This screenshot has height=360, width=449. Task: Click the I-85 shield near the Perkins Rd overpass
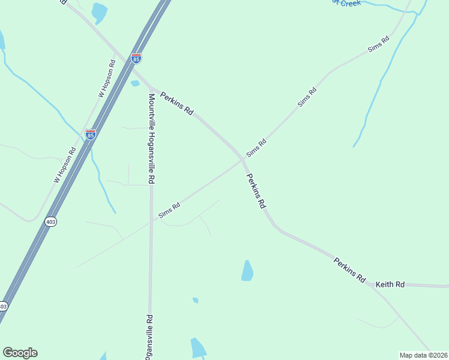(x=136, y=59)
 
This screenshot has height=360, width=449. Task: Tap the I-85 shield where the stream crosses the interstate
(x=90, y=134)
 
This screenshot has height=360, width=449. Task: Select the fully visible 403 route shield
(x=51, y=221)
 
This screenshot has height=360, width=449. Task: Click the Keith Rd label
(x=390, y=284)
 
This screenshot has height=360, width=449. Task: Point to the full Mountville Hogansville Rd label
(x=151, y=139)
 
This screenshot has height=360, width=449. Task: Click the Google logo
(x=20, y=353)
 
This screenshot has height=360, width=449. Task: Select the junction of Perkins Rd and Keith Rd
(x=374, y=284)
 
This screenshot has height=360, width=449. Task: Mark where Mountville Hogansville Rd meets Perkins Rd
(x=150, y=87)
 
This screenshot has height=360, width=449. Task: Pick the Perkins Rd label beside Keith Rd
(x=350, y=269)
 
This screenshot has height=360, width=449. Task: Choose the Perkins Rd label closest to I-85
(x=176, y=103)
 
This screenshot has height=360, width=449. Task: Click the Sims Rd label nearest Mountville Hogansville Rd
(x=169, y=210)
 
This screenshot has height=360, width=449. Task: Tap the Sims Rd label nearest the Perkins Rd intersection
(x=256, y=148)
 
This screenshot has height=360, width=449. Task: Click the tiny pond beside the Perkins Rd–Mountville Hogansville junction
(x=135, y=83)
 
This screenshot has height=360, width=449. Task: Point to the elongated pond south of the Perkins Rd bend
(x=247, y=271)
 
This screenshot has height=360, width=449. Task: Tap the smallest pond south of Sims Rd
(x=195, y=300)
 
